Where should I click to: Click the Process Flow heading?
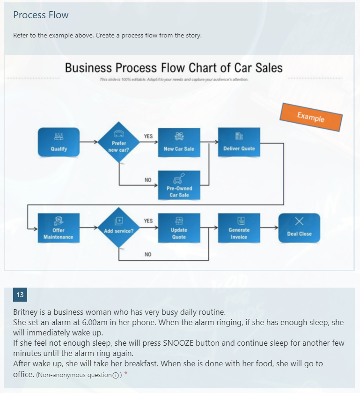[x=41, y=15]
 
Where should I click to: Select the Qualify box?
[x=59, y=142]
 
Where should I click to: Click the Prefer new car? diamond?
[x=119, y=142]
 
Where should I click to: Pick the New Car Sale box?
[x=179, y=142]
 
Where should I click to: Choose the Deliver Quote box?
[x=239, y=142]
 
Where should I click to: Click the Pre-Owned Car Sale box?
[x=179, y=185]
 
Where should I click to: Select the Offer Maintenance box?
[x=59, y=228]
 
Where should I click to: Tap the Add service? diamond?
[x=119, y=228]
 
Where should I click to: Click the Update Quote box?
[x=179, y=228]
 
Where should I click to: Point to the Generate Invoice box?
[x=239, y=228]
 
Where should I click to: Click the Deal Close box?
[x=299, y=228]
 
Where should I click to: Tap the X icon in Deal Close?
[x=299, y=221]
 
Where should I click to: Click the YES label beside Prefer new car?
[x=148, y=136]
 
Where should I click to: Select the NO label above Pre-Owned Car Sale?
[x=148, y=180]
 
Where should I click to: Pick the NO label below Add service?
[x=148, y=255]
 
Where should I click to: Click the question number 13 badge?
[x=20, y=295]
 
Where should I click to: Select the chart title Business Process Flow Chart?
[x=174, y=68]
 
